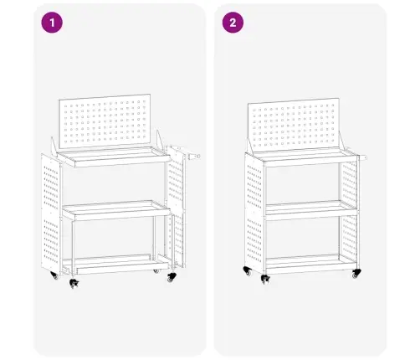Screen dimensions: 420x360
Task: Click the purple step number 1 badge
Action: [52, 23]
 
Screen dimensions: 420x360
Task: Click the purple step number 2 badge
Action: [233, 23]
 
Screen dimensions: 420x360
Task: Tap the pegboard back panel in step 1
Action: [105, 121]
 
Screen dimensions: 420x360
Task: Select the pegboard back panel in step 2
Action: [294, 125]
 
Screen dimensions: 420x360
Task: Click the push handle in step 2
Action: [362, 158]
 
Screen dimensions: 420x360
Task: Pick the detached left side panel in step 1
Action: [50, 213]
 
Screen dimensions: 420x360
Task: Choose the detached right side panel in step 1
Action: [177, 207]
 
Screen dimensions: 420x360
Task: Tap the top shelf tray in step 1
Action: [114, 157]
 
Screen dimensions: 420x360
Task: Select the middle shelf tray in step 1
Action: [116, 210]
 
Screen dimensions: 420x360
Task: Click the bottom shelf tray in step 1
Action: [115, 264]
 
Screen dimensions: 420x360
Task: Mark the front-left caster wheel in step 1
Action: [74, 283]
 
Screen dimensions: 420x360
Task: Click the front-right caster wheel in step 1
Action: [172, 277]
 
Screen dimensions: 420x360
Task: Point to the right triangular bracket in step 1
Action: [160, 141]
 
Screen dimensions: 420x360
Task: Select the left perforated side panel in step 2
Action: [254, 213]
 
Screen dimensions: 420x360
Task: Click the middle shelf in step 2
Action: [311, 210]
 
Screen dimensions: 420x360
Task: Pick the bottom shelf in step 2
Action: [311, 264]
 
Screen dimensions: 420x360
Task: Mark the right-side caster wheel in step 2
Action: [356, 273]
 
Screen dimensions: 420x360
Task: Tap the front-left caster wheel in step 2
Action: [265, 279]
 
